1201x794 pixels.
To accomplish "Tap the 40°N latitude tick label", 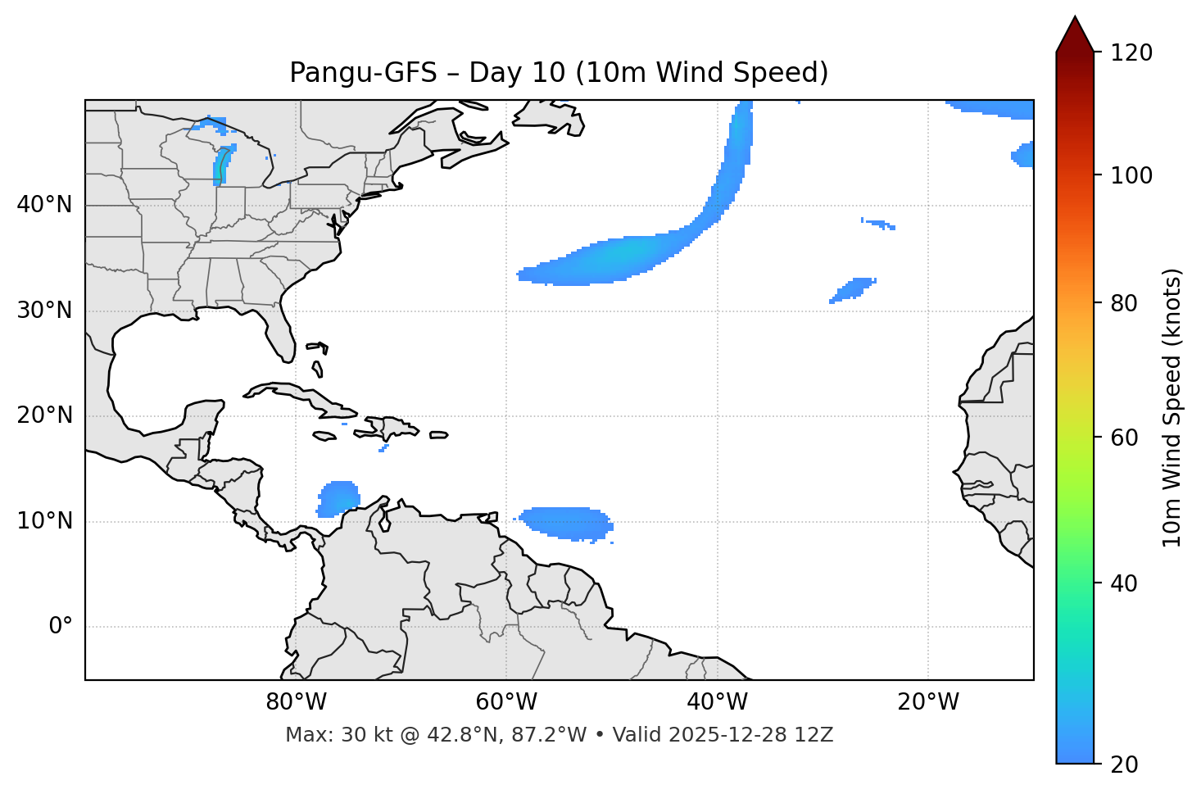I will (x=44, y=205).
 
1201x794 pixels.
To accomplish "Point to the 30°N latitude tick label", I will (x=44, y=311).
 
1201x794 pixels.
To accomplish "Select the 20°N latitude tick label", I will (x=44, y=415).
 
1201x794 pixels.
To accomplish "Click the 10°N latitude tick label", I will (x=44, y=521).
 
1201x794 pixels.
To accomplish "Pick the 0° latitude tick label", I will (x=61, y=627).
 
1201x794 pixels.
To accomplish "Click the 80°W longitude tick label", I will (x=297, y=702).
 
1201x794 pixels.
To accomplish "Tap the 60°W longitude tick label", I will (x=507, y=702).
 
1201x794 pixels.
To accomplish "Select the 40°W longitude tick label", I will (x=718, y=702).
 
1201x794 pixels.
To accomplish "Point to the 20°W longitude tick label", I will (x=928, y=702).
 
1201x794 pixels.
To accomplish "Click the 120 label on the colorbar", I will (x=1131, y=53).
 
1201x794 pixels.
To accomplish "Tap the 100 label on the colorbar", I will (x=1131, y=175).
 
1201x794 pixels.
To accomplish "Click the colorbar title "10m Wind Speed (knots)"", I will (x=1173, y=407).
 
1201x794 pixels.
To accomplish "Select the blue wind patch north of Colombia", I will (x=338, y=498).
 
